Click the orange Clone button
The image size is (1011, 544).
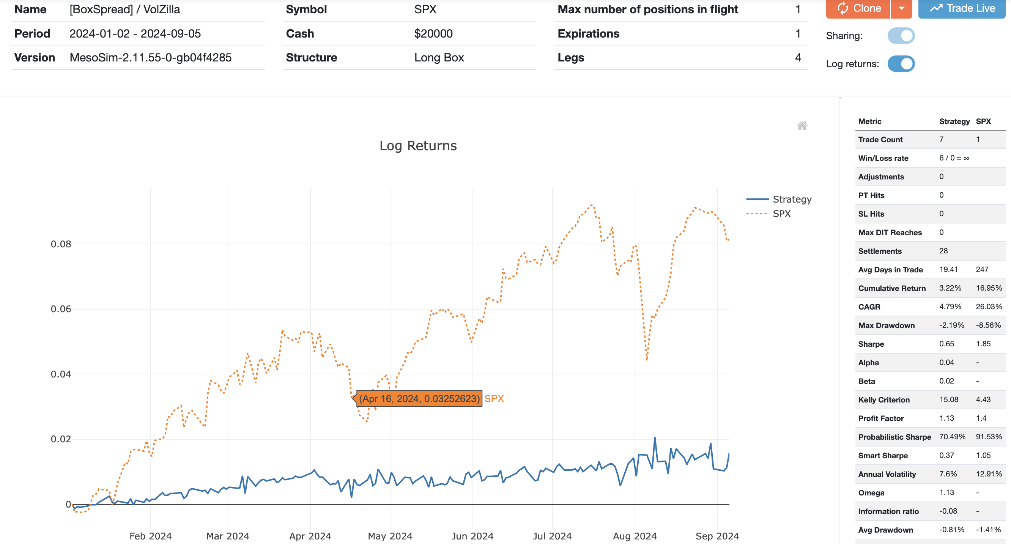tap(858, 9)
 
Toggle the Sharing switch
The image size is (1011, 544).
tap(901, 36)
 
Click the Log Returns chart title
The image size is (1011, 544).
tap(418, 146)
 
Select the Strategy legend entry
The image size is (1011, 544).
tap(792, 199)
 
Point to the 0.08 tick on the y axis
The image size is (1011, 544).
tap(61, 244)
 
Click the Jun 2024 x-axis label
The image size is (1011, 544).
tap(472, 536)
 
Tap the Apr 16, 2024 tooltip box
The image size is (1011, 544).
tap(419, 398)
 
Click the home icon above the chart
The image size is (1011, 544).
tap(802, 126)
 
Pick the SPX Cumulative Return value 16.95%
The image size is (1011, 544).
tap(989, 288)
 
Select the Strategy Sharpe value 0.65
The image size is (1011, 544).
tap(946, 344)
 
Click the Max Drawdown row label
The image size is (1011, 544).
tap(886, 325)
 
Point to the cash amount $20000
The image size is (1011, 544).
tap(433, 34)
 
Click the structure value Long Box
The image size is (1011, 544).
tap(439, 58)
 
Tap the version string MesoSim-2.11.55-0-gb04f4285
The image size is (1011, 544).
tap(150, 58)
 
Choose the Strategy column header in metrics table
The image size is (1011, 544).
tap(954, 121)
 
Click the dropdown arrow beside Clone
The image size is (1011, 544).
tap(901, 9)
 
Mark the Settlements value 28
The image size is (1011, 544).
tap(943, 251)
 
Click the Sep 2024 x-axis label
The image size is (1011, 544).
tap(717, 536)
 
